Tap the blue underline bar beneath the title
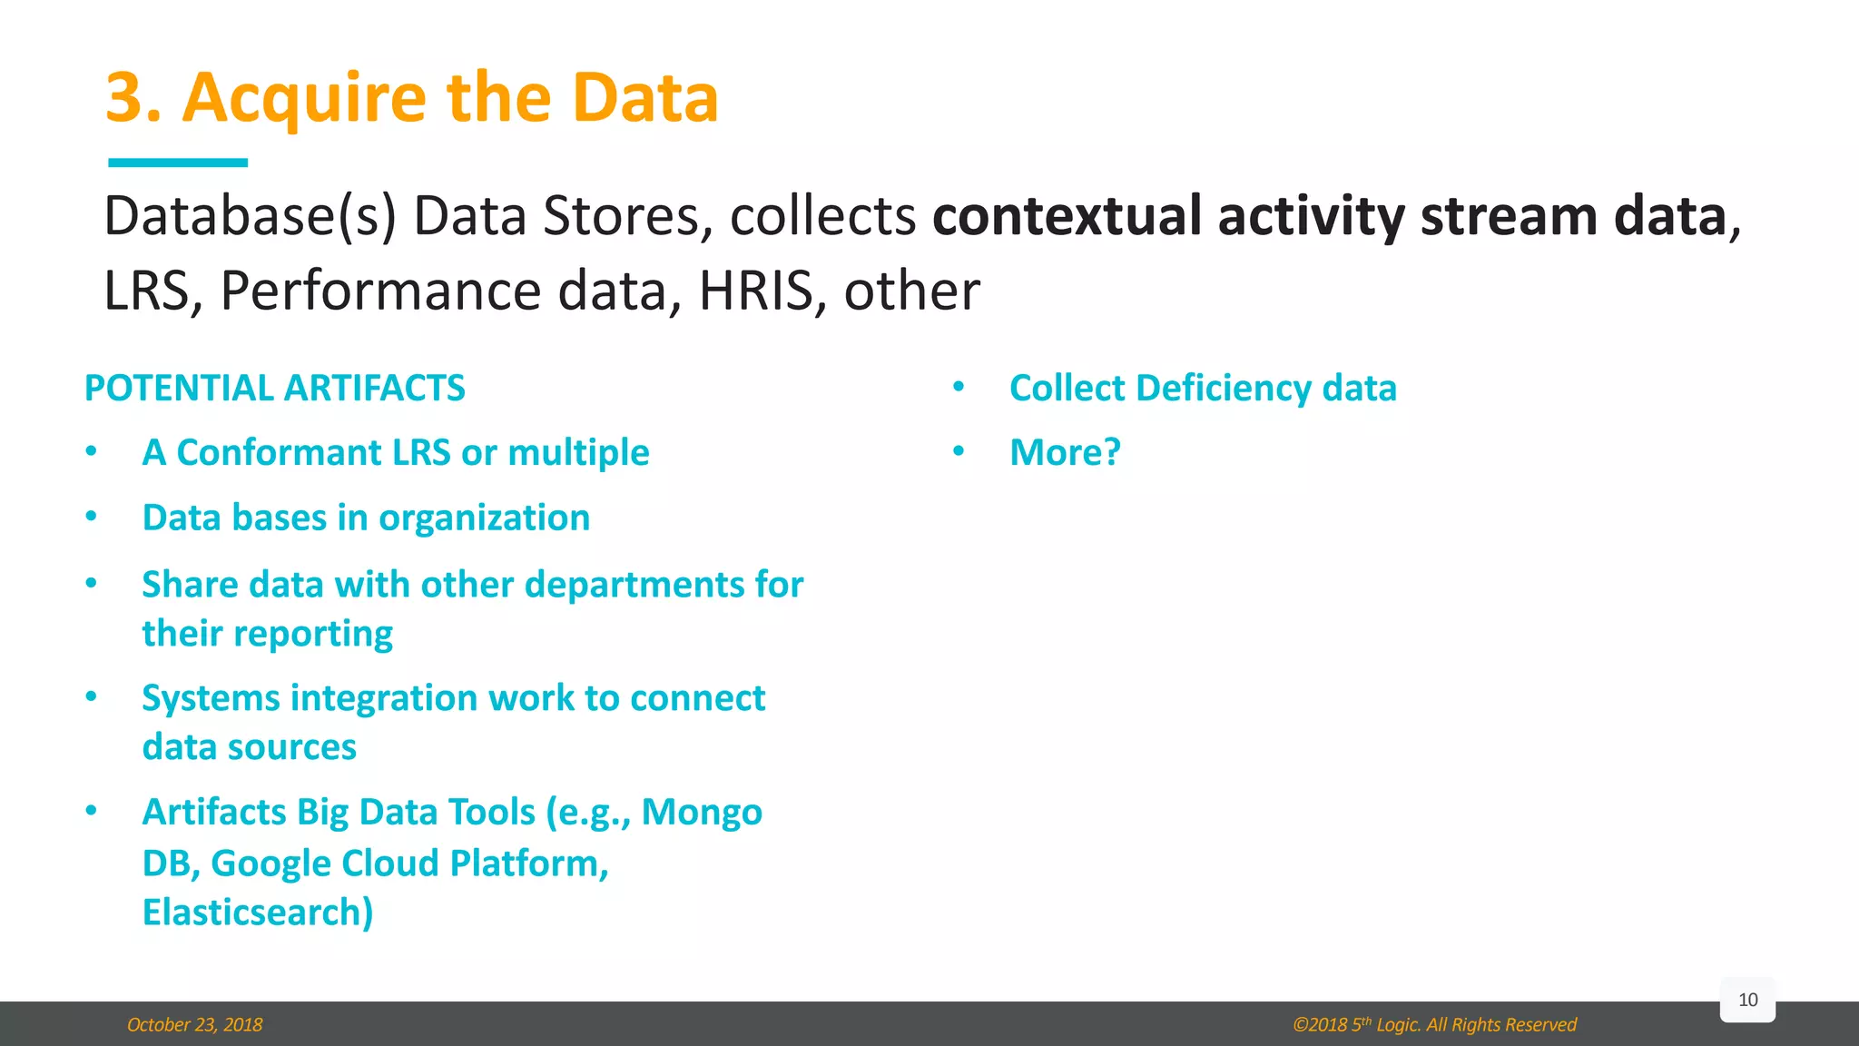(178, 163)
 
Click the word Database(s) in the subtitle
(251, 218)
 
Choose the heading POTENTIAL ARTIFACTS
(274, 388)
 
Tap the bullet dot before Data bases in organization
(91, 517)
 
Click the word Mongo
(701, 812)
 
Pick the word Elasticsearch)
(258, 913)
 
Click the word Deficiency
(1223, 388)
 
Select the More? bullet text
(1065, 452)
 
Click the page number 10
(1747, 1000)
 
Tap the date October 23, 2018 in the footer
(194, 1025)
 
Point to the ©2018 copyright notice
(1434, 1025)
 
